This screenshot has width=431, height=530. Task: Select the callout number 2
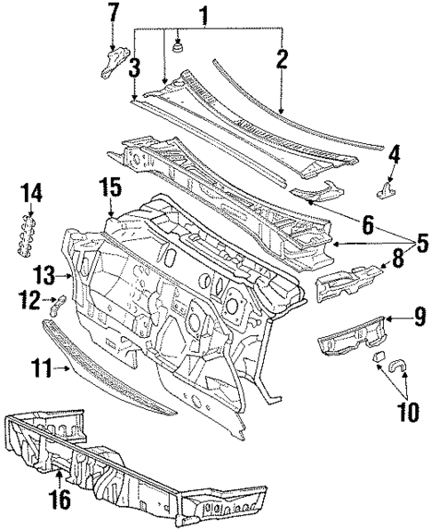coord(282,60)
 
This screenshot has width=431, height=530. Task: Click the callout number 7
coord(113,13)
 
